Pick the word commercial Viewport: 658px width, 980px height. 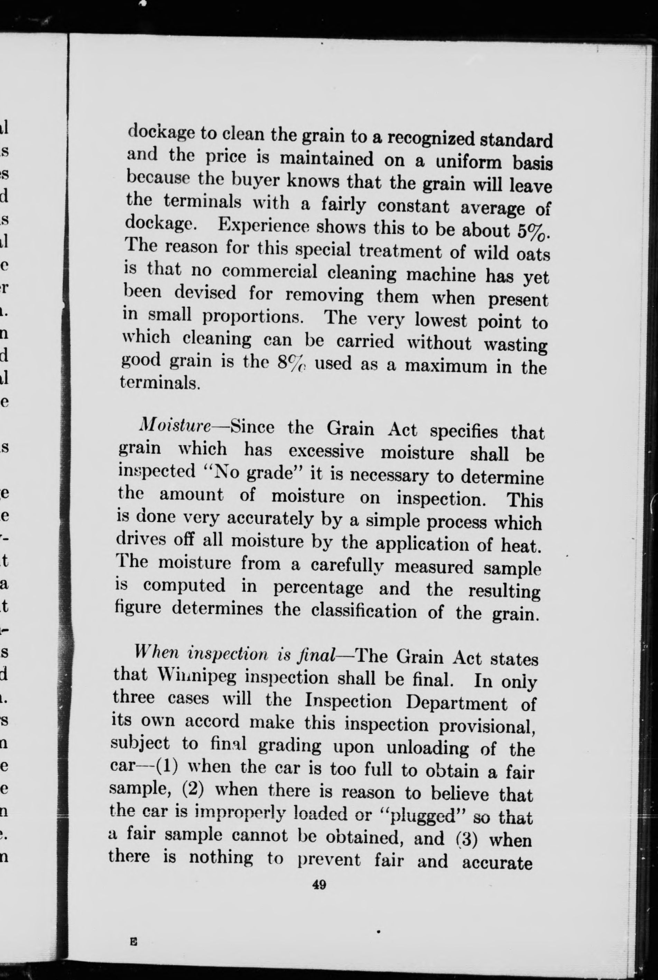point(269,272)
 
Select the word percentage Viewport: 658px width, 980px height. point(318,587)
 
